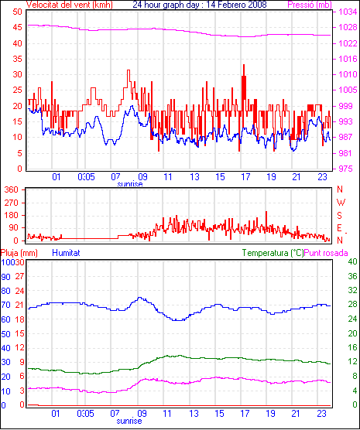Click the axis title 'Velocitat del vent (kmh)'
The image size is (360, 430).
(x=70, y=5)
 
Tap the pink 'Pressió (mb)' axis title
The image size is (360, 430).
(x=310, y=5)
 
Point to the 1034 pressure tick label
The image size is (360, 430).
(x=348, y=12)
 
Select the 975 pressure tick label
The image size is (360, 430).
(x=345, y=169)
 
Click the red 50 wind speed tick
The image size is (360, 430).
(x=17, y=12)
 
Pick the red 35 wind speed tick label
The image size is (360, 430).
(x=17, y=59)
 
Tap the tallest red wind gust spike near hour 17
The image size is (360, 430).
(x=244, y=65)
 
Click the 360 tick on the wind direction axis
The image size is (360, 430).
(x=12, y=189)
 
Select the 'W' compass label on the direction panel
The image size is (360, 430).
(x=341, y=203)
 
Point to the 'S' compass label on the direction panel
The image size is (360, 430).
(x=339, y=216)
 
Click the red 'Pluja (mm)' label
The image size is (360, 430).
(x=19, y=253)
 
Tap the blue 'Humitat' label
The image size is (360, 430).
(x=66, y=253)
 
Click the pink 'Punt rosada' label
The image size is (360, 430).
(x=326, y=253)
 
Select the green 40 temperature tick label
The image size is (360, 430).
(x=352, y=261)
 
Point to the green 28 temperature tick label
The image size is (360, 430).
(x=352, y=305)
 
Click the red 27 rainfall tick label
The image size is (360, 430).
(x=20, y=276)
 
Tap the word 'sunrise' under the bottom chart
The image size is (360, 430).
(x=129, y=421)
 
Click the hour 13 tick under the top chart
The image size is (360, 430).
(x=194, y=177)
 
